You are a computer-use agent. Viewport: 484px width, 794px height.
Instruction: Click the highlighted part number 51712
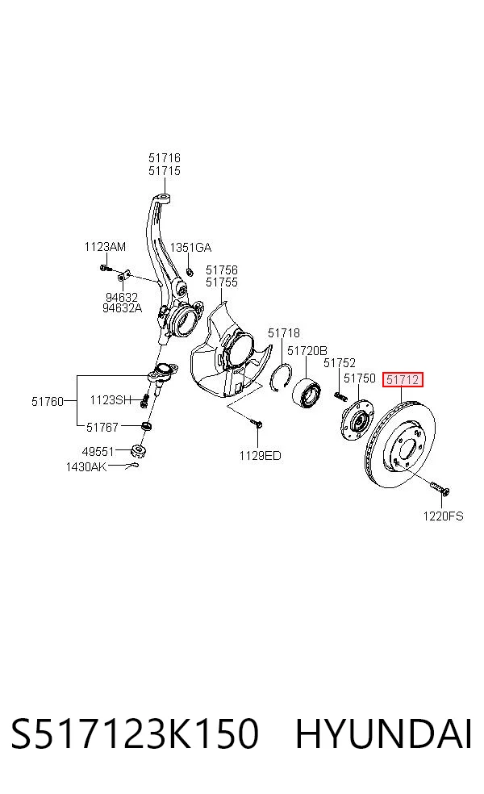tap(403, 379)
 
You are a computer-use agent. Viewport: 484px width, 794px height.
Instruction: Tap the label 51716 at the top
tap(165, 158)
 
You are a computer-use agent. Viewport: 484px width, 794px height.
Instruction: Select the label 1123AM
tap(105, 247)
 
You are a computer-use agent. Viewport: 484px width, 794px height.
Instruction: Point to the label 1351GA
tap(190, 248)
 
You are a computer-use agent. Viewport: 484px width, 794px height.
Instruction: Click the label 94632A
tap(122, 308)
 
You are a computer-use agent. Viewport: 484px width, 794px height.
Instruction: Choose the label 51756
tap(222, 270)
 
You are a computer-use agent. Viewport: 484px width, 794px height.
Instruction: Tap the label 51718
tap(284, 332)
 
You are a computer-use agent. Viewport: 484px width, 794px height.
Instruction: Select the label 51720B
tap(307, 350)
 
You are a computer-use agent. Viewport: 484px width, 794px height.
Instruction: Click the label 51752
tap(340, 362)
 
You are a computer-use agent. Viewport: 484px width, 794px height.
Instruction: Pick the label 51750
tap(360, 378)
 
